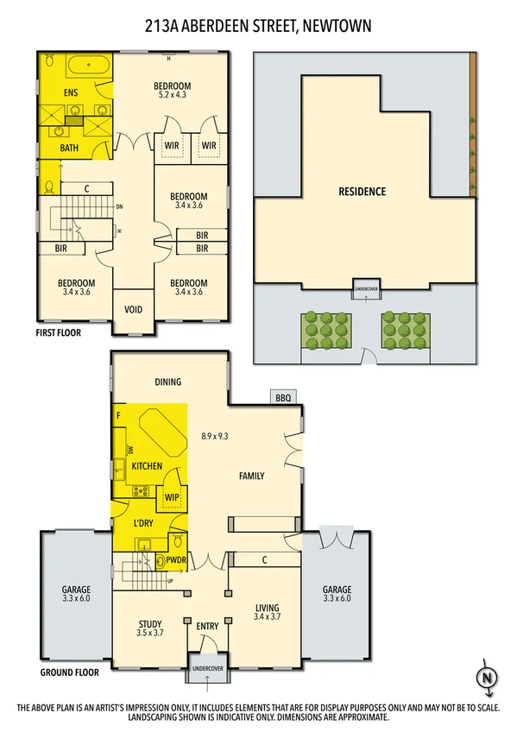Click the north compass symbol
pos(488,678)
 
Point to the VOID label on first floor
pos(134,310)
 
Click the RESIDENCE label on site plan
pos(362,192)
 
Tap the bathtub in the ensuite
pos(86,66)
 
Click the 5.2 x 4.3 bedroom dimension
pos(172,95)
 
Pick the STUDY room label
pos(150,625)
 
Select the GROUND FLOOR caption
pos(70,672)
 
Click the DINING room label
pos(167,382)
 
